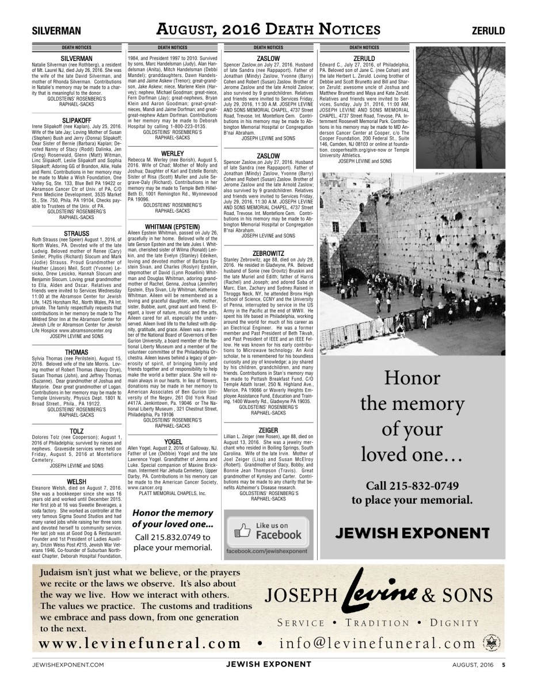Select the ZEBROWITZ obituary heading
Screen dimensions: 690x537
268,252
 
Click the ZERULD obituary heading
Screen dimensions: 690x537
364,58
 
